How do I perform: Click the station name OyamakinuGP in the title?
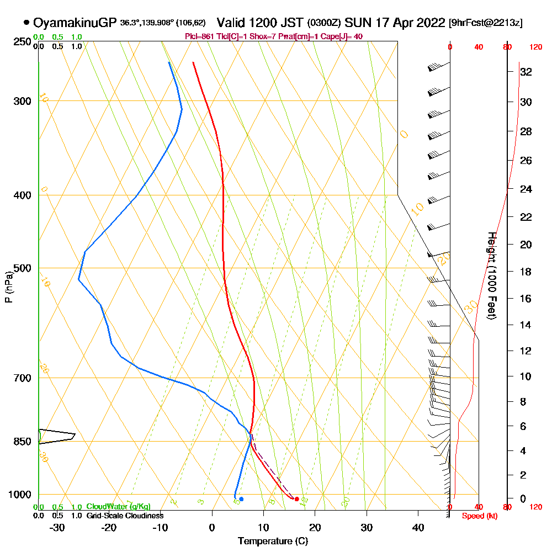tap(75, 23)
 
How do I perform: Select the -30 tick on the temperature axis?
tap(57, 527)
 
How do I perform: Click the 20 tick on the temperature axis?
tap(315, 527)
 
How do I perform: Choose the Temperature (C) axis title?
tap(273, 540)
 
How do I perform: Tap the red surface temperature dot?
tap(297, 499)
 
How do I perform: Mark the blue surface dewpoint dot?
tap(241, 499)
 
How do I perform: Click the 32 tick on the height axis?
tap(526, 72)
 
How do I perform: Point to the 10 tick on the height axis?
tap(526, 376)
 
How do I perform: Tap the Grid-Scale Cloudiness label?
tap(124, 516)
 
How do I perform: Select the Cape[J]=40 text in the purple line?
tap(345, 36)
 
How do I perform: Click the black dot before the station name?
tap(26, 23)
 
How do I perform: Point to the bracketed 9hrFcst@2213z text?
tap(486, 23)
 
